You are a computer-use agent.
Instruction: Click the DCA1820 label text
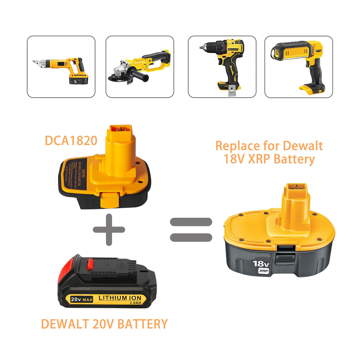pos(71,141)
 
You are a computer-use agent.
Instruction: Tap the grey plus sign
pos(109,230)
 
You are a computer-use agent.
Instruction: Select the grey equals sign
pos(191,230)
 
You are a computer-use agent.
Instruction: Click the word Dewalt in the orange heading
pos(302,146)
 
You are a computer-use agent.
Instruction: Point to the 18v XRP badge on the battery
pos(261,267)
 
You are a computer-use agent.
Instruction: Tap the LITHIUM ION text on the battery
pos(120,298)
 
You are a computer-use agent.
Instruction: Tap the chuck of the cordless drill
pos(207,47)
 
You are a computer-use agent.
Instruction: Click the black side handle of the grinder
pos(139,77)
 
